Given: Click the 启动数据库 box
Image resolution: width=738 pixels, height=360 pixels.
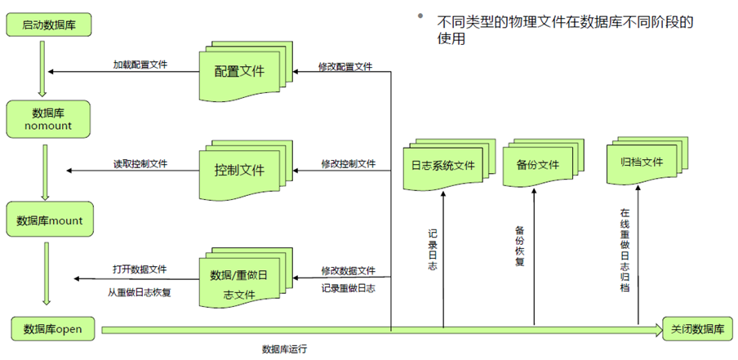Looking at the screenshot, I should click(x=47, y=23).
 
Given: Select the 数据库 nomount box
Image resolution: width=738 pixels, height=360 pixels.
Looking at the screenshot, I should click(x=47, y=119).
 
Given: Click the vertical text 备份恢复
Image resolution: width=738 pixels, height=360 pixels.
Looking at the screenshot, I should click(x=520, y=246).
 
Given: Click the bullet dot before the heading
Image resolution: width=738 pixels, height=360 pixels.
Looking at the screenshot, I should click(x=421, y=17).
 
